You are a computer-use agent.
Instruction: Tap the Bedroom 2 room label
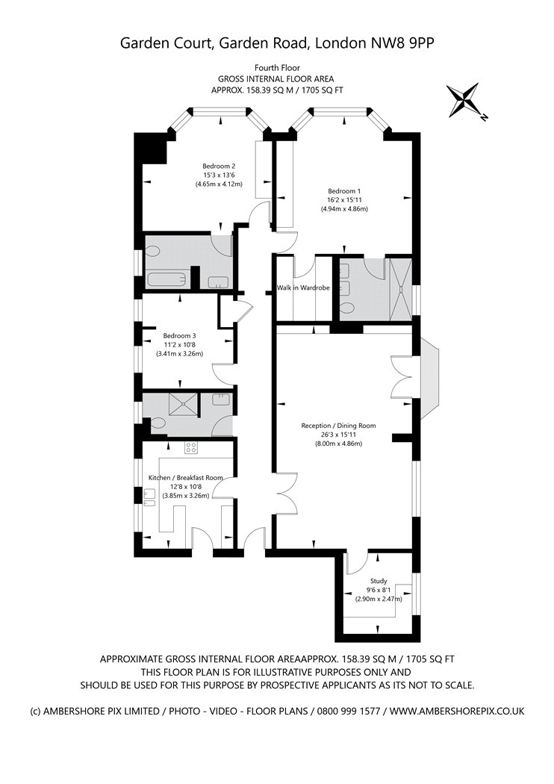click(219, 166)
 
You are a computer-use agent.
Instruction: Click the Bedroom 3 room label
click(179, 335)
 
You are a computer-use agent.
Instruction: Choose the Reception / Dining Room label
click(338, 426)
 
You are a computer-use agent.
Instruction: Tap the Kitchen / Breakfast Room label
click(185, 477)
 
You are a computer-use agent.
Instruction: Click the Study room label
click(379, 580)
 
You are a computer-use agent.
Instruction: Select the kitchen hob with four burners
click(191, 448)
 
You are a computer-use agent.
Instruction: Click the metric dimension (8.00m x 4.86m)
click(338, 444)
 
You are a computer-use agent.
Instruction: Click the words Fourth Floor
click(277, 68)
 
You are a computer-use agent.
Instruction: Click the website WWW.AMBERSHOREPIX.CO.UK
click(457, 712)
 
